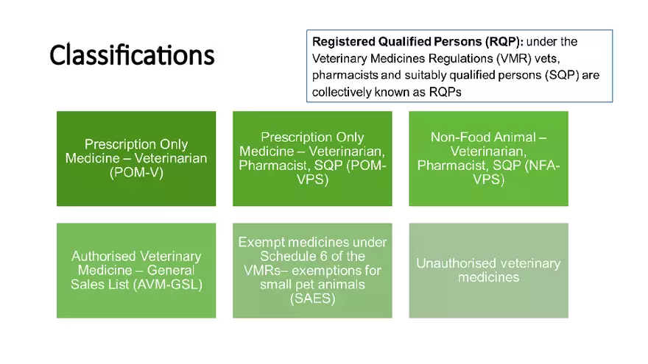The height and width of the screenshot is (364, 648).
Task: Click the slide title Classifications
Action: (132, 55)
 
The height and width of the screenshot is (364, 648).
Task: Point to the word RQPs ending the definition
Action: (450, 92)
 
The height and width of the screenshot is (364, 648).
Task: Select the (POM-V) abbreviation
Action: (136, 171)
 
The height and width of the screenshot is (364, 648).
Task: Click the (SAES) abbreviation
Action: (312, 298)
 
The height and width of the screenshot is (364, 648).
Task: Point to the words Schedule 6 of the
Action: (312, 256)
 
